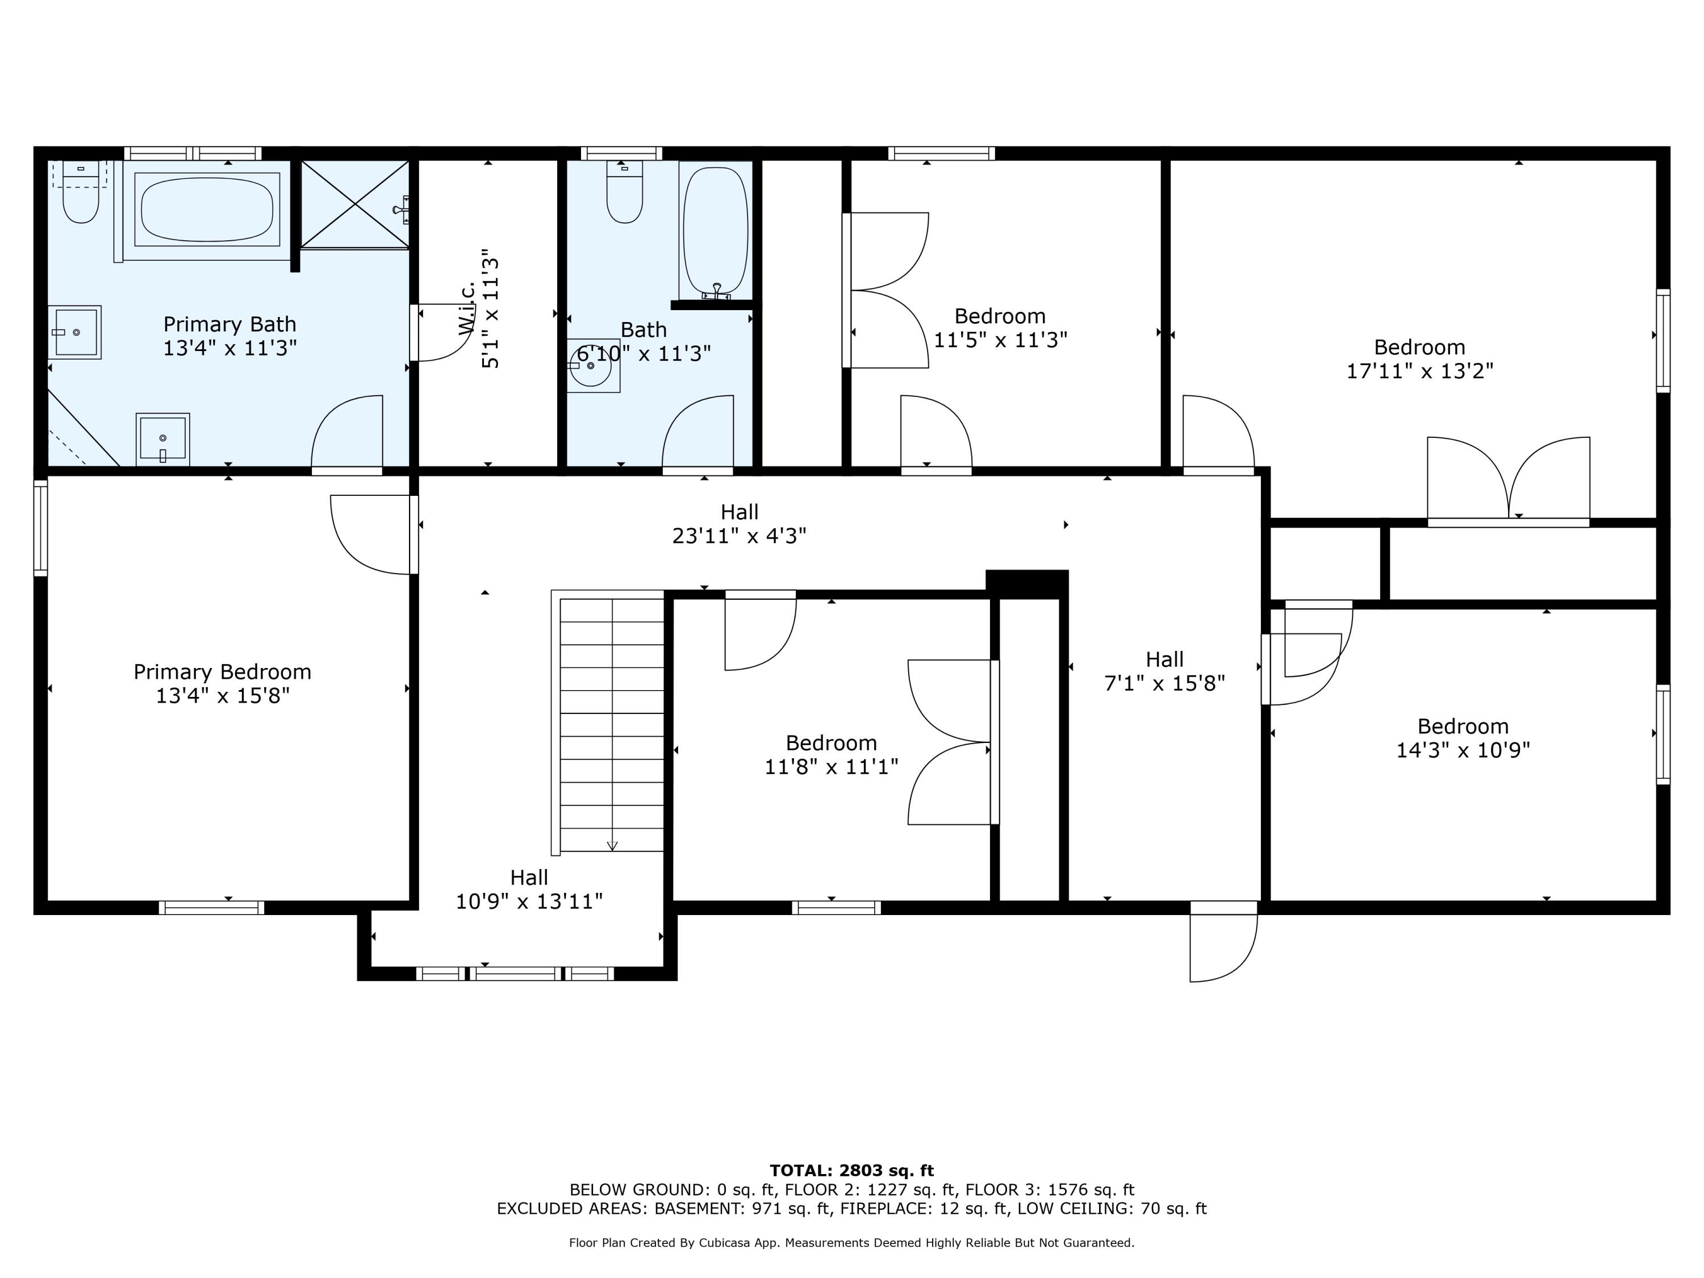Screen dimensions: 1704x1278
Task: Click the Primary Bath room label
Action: point(229,336)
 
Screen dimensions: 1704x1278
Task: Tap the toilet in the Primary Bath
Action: point(80,193)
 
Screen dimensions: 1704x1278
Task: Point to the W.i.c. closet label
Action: point(479,308)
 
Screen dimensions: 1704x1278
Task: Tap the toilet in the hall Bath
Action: point(625,192)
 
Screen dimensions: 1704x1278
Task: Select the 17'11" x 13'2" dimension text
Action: point(1420,371)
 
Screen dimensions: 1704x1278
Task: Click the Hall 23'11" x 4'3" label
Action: point(740,524)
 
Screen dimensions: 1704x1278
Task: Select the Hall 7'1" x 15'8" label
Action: point(1165,671)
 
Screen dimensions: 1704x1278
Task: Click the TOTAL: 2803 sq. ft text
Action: point(852,1171)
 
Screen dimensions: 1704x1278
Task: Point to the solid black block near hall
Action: point(1027,584)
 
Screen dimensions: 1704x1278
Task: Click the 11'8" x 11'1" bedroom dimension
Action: point(831,767)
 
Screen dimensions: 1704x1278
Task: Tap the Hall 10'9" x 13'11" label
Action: point(529,889)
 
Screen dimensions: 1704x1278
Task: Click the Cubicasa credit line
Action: point(852,1243)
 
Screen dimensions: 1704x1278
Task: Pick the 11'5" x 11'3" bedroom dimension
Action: point(1001,340)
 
